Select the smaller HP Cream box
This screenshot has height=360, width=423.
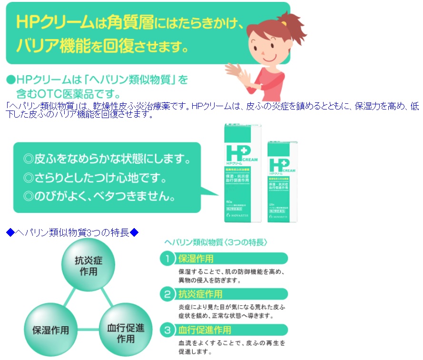(x=282, y=181)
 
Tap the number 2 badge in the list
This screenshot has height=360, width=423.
(x=167, y=294)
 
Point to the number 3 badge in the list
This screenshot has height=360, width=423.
(x=167, y=330)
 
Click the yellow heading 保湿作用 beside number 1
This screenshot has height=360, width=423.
(x=196, y=259)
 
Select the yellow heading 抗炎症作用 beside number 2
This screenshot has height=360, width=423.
(x=200, y=294)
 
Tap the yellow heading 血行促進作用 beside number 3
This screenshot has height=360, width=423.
(x=204, y=330)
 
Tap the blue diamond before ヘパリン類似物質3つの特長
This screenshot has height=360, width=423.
(x=10, y=232)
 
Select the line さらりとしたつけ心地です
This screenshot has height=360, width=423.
(x=95, y=179)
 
